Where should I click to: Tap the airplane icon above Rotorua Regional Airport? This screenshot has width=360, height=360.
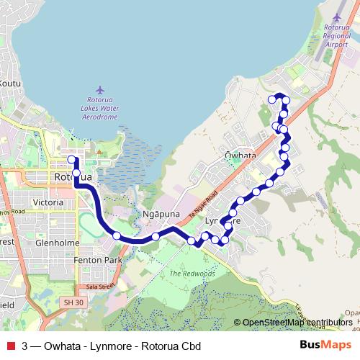pyautogui.click(x=336, y=16)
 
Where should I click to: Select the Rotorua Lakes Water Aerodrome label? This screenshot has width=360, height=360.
pyautogui.click(x=100, y=107)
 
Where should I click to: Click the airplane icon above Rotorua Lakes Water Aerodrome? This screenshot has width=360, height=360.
pyautogui.click(x=100, y=89)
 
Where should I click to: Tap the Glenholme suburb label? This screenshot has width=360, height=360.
pyautogui.click(x=57, y=243)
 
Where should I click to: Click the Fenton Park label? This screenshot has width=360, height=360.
pyautogui.click(x=102, y=259)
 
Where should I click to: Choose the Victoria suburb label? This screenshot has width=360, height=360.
pyautogui.click(x=48, y=203)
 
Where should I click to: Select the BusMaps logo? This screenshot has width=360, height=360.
pyautogui.click(x=326, y=345)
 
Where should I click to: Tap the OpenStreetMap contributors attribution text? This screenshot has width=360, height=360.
pyautogui.click(x=297, y=323)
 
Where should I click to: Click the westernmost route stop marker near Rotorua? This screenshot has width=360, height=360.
pyautogui.click(x=71, y=159)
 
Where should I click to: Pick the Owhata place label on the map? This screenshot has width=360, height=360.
pyautogui.click(x=240, y=155)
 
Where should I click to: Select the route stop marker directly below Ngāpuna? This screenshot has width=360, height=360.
pyautogui.click(x=156, y=237)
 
